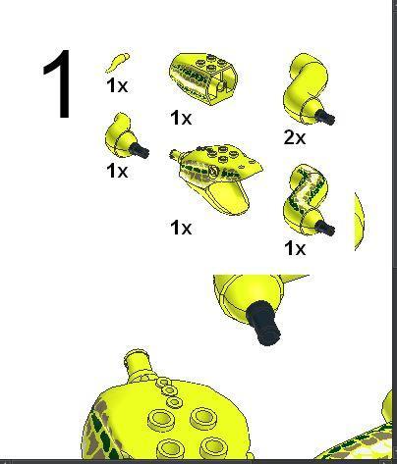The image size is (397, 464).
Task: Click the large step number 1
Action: coord(58,84)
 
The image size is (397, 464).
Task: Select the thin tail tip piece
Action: coord(117,62)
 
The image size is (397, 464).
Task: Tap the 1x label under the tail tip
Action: coord(117,85)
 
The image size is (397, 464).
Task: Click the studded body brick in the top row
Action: coord(203,78)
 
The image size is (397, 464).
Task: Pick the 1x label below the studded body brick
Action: coord(181,118)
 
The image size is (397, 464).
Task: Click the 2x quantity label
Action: coord(295,137)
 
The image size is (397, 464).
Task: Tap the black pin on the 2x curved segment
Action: coord(325,117)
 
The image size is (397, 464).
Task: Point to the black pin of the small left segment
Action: coord(140,150)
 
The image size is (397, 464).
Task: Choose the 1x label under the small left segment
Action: coord(117,171)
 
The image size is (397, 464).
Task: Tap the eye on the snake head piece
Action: coord(213,171)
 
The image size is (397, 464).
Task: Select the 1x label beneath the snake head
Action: coord(181,228)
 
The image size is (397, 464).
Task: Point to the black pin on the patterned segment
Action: coord(325,228)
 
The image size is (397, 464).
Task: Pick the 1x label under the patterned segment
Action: coord(295,248)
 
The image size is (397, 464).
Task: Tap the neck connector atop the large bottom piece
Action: coord(138,364)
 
